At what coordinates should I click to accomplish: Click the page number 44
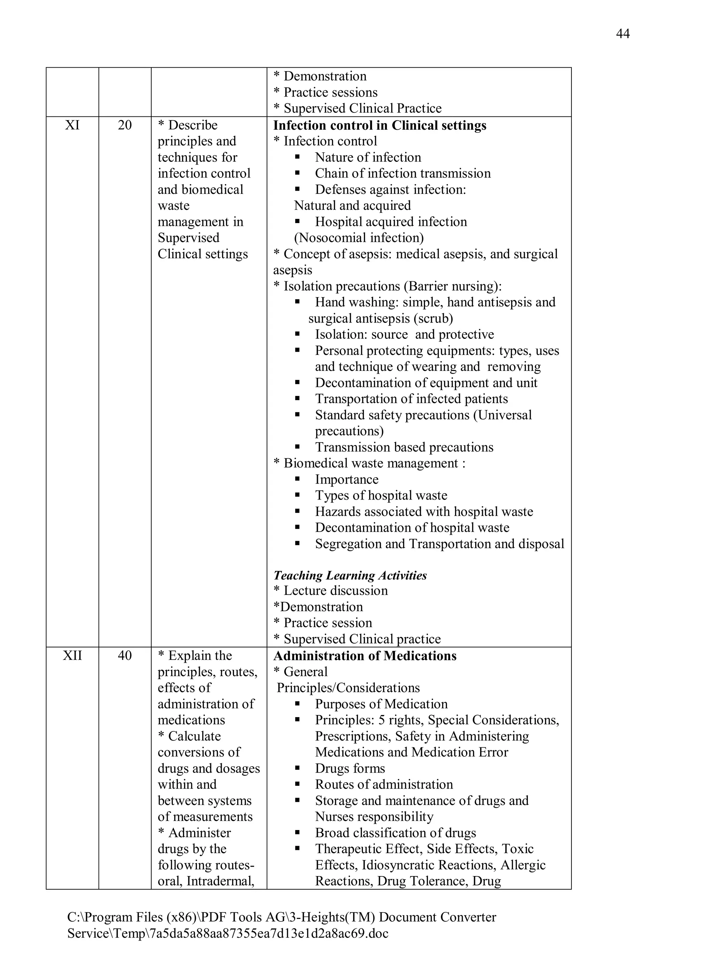pos(622,34)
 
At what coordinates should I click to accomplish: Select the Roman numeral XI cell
pos(72,125)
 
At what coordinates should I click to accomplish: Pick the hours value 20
pos(124,125)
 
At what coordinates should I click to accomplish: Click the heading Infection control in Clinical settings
pos(379,125)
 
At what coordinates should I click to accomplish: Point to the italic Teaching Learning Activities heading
pos(350,575)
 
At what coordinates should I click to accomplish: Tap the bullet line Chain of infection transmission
pos(403,173)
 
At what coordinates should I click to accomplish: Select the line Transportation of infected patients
pos(411,398)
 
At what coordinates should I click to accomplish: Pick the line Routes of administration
pos(384,784)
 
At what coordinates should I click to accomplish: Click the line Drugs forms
pos(350,768)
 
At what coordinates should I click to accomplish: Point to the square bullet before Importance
pos(297,479)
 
